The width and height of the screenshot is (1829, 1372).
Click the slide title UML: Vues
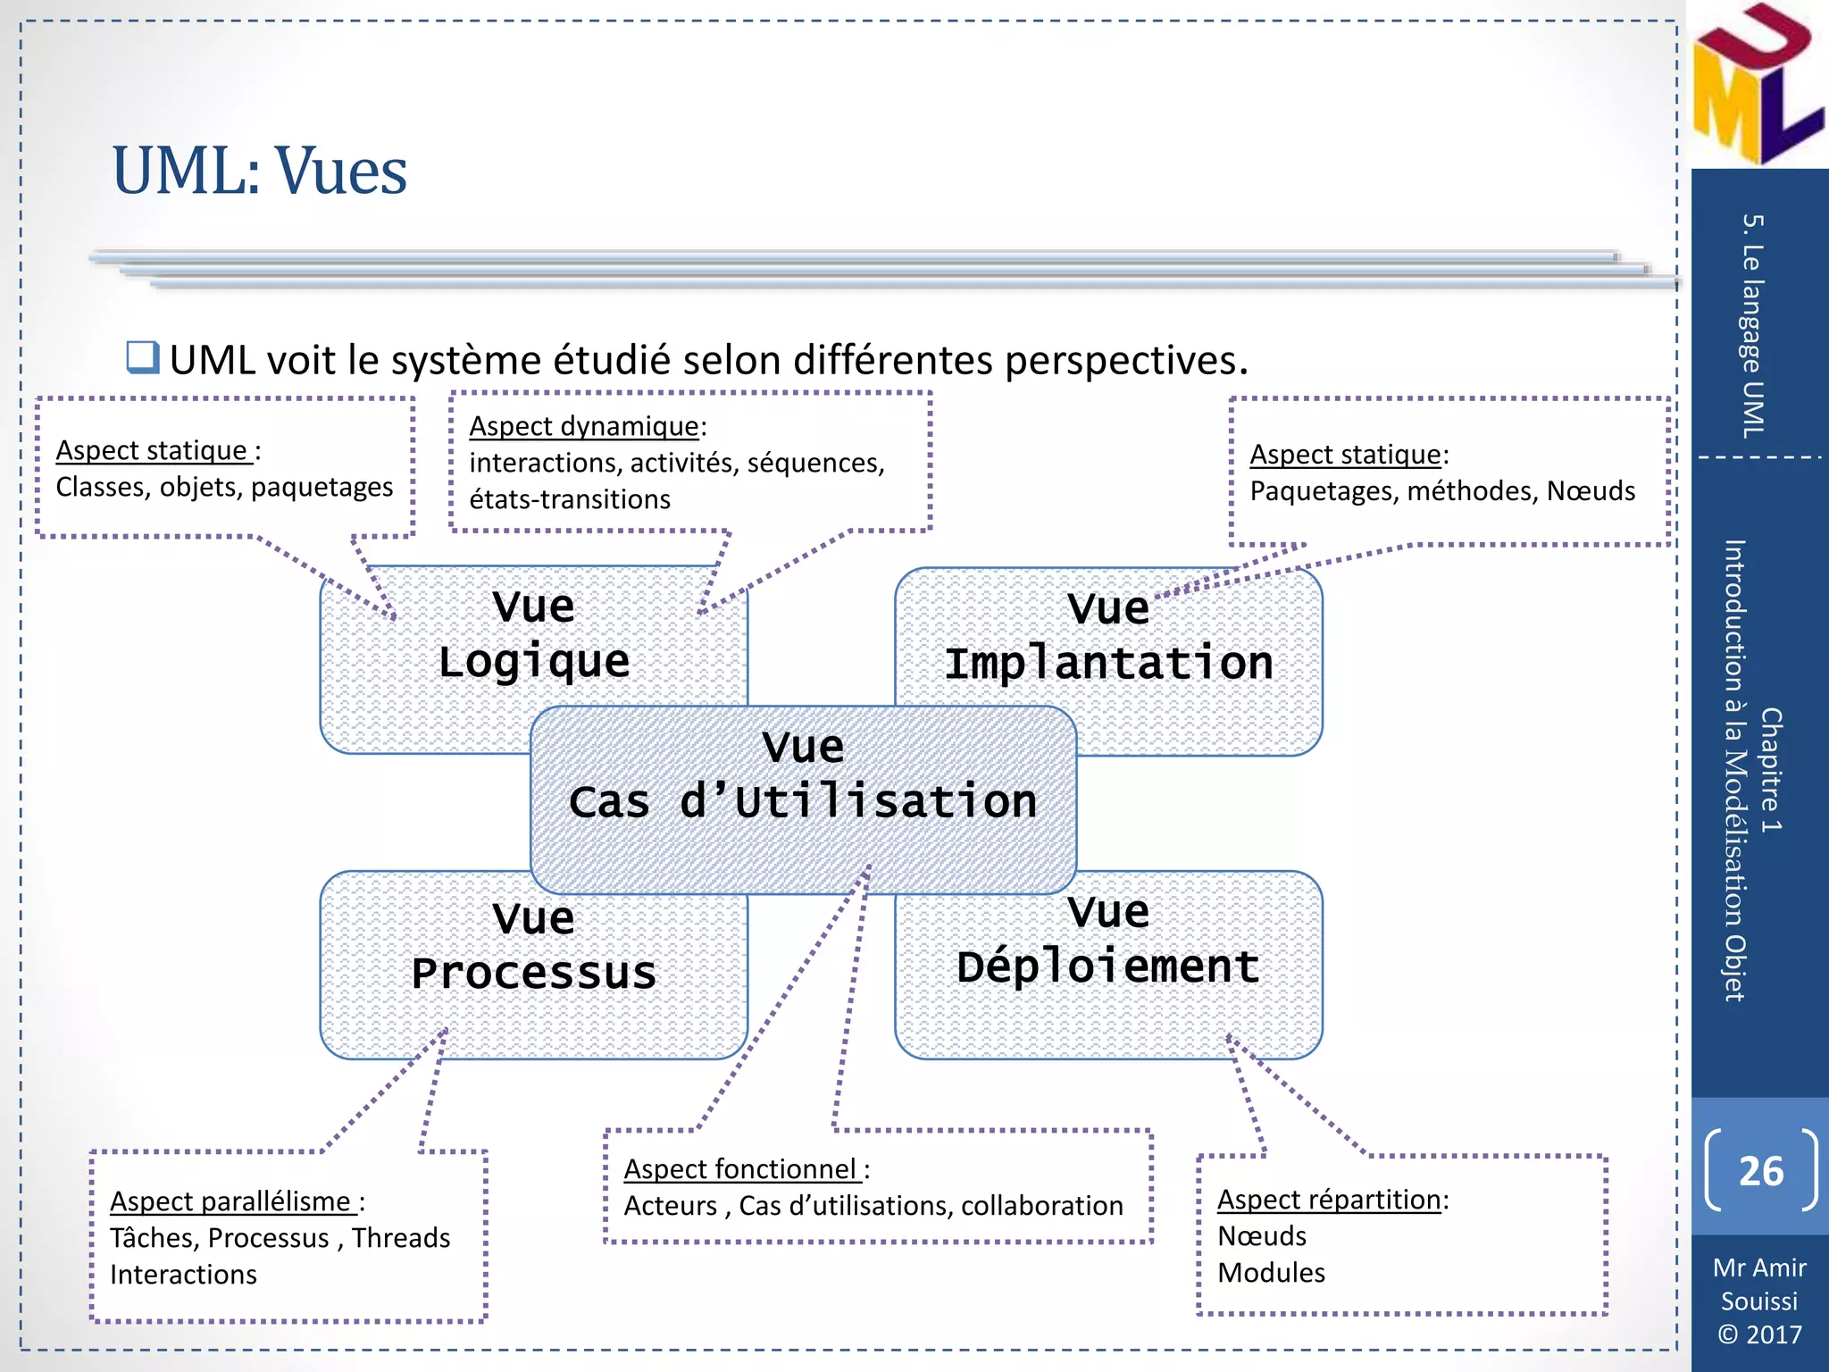pyautogui.click(x=259, y=171)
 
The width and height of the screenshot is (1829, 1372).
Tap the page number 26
pyautogui.click(x=1760, y=1171)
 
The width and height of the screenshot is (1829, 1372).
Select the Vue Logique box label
pyautogui.click(x=534, y=634)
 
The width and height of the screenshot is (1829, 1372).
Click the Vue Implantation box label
pyautogui.click(x=1108, y=636)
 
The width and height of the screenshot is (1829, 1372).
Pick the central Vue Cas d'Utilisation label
pyautogui.click(x=803, y=774)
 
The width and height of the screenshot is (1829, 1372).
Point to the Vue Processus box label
pyautogui.click(x=534, y=946)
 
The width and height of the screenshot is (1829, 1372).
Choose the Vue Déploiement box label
pyautogui.click(x=1108, y=940)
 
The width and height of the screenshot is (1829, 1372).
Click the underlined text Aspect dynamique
pyautogui.click(x=584, y=426)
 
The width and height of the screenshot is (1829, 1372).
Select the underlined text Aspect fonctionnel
pyautogui.click(x=741, y=1168)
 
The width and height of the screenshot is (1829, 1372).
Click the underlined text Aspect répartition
pyautogui.click(x=1329, y=1200)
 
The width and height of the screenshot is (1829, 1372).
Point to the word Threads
pyautogui.click(x=400, y=1238)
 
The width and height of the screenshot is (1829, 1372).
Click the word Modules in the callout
pyautogui.click(x=1271, y=1273)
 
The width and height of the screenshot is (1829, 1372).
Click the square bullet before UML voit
pyautogui.click(x=142, y=357)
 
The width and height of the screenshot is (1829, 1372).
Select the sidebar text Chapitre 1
pyautogui.click(x=1770, y=770)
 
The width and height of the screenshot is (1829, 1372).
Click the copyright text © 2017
pyautogui.click(x=1759, y=1334)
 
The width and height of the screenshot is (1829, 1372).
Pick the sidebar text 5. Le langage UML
pyautogui.click(x=1753, y=326)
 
